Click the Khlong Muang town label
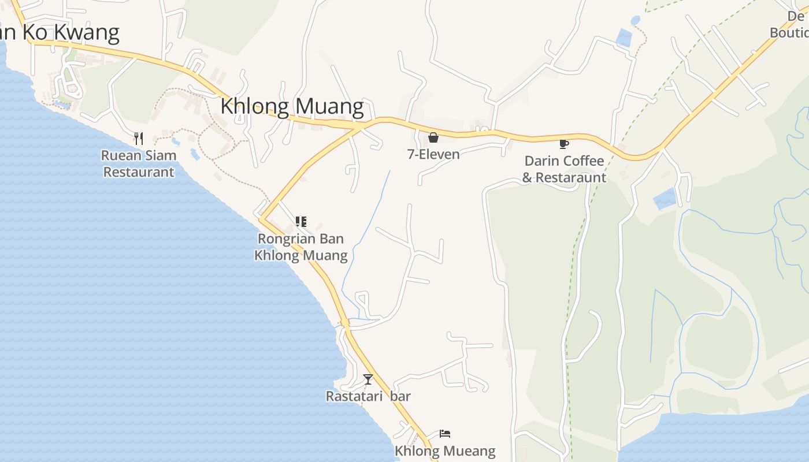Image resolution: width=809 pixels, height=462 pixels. pos(292,107)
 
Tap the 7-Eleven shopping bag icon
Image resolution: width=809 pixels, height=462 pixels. pos(433,137)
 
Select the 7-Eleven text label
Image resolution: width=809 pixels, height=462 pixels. pos(433,154)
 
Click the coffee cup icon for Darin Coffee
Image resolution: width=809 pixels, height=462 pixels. pos(563,144)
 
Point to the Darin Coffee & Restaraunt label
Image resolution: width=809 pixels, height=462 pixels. pos(564,169)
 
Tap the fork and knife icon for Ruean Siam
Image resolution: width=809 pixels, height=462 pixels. pos(138,139)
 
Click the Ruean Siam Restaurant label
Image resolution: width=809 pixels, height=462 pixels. pos(139,164)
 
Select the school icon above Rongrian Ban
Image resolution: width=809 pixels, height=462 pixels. pos(300,221)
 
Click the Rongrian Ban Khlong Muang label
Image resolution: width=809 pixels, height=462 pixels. pos(300,247)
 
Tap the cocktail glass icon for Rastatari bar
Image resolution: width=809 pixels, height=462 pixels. pos(368,379)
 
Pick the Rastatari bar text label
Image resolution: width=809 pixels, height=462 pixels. pos(368,397)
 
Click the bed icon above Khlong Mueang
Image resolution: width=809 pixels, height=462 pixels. pos(444,434)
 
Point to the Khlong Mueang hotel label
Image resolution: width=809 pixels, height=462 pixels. pos(445,451)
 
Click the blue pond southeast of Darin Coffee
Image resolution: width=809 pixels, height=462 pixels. pos(665,199)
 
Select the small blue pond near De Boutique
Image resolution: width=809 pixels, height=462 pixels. pos(624,38)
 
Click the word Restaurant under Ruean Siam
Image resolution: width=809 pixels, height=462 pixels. pos(139,172)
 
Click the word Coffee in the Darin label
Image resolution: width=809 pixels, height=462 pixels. pos(582,161)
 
